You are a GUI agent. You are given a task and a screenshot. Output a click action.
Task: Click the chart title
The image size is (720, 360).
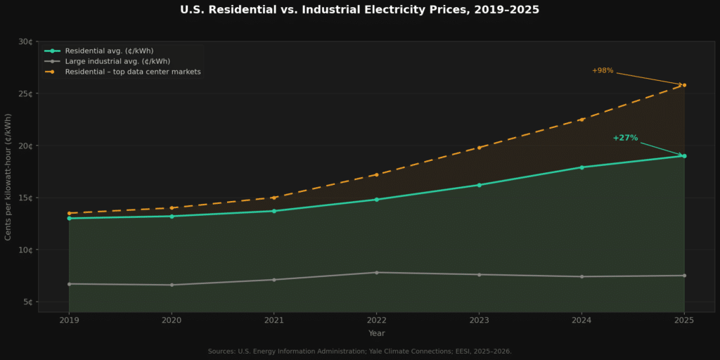359,10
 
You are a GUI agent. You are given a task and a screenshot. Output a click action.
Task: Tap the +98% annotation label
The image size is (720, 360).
603,70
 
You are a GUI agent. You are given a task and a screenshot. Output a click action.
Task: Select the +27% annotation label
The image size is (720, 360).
625,138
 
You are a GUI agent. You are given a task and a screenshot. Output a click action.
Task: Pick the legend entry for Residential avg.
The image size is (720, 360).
109,51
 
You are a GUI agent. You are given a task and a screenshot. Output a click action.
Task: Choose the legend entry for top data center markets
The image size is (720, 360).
133,72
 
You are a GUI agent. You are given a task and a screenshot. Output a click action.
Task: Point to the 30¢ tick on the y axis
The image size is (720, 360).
25,41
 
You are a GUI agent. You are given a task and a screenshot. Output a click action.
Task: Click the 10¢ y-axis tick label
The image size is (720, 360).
25,250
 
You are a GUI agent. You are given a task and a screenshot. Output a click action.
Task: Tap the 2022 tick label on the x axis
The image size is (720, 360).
376,321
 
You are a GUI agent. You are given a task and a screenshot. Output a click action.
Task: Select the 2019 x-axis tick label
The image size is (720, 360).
69,321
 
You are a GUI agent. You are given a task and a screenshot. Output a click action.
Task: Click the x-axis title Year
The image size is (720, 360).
376,333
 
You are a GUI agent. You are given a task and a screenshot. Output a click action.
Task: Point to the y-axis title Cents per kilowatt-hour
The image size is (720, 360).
8,176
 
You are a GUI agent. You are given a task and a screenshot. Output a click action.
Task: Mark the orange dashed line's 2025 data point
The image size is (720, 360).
684,85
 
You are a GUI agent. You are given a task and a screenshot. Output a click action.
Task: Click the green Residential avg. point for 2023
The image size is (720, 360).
479,185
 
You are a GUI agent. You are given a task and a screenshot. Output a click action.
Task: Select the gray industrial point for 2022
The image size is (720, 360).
376,273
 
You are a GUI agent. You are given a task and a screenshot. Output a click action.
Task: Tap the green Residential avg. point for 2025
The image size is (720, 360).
684,156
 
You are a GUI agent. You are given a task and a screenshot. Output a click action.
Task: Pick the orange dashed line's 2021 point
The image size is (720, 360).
274,198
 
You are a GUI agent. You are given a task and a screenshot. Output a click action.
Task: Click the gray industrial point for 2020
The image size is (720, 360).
172,285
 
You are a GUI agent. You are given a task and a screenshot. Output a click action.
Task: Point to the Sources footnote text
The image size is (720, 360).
359,351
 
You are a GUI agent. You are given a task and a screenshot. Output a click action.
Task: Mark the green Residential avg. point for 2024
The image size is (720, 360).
581,167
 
